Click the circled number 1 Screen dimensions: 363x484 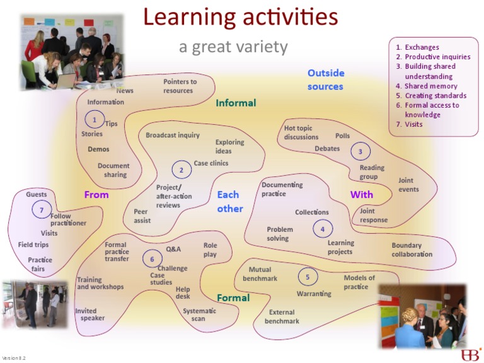click(x=94, y=118)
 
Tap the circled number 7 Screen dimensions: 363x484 click(x=42, y=210)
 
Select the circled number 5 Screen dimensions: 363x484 click(x=308, y=277)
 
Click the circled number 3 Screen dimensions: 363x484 click(x=360, y=151)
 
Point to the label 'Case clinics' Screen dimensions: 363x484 click(x=210, y=163)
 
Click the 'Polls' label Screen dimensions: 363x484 click(x=342, y=136)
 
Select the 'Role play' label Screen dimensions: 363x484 click(x=210, y=250)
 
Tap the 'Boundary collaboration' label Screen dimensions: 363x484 click(x=412, y=250)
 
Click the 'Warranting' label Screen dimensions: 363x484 click(x=314, y=294)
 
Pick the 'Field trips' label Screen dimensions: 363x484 click(x=33, y=245)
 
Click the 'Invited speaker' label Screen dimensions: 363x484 click(x=89, y=314)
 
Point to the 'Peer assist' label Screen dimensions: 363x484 click(x=142, y=216)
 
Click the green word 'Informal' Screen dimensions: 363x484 click(x=236, y=103)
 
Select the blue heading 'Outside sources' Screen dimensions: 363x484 click(x=325, y=80)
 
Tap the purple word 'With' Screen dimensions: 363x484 click(x=362, y=195)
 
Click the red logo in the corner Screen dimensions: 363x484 click(x=470, y=354)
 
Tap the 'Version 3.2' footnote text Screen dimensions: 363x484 click(x=13, y=358)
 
